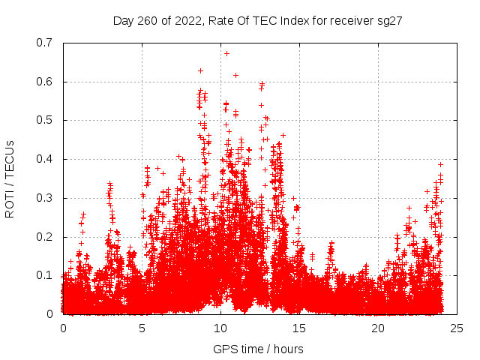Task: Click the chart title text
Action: coord(258,21)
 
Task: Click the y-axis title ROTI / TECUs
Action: coord(10,178)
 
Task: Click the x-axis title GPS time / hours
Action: coord(258,349)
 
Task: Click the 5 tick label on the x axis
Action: coord(142,328)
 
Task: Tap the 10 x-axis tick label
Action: coord(220,328)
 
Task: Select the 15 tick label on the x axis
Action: coord(299,328)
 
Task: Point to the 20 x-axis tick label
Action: coord(378,328)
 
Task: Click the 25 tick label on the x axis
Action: coord(457,328)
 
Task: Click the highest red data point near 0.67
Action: coord(226,53)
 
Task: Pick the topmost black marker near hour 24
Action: coord(441,164)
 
